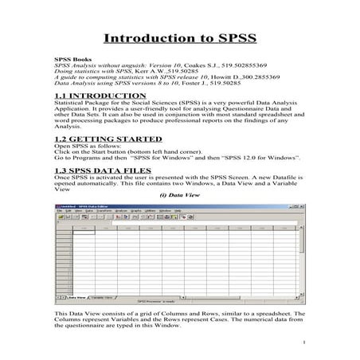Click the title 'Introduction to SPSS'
click(x=179, y=38)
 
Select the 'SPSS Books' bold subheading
click(x=68, y=61)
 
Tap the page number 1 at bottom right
click(x=304, y=343)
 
